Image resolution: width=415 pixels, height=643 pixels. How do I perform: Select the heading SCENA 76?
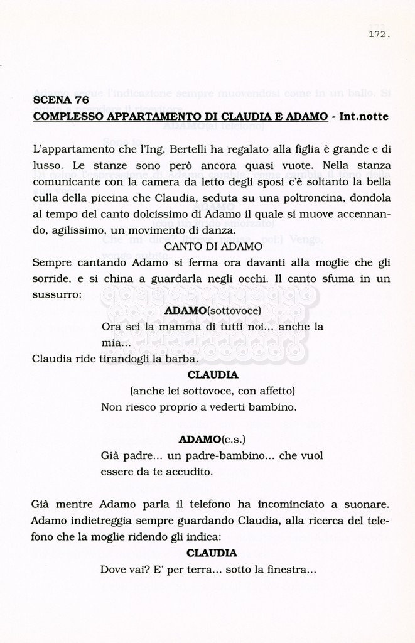coord(61,100)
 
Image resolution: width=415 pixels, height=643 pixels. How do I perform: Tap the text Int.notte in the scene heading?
coord(364,117)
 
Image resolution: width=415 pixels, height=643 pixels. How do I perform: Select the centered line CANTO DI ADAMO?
coord(213,247)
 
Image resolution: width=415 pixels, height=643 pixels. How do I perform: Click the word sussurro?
coord(55,294)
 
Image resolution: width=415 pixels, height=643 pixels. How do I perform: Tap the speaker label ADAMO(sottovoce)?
coord(212,311)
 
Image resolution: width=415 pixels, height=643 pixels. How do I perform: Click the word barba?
coord(183,359)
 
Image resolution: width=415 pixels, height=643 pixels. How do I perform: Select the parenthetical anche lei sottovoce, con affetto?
coord(212,391)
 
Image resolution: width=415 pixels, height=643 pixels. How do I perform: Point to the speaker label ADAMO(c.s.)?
coord(212,438)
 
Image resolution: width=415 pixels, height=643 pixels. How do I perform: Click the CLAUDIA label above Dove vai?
coord(212,553)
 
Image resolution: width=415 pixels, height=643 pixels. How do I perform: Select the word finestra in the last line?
coord(289,570)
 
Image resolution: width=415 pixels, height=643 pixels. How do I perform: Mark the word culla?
coord(46,198)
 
